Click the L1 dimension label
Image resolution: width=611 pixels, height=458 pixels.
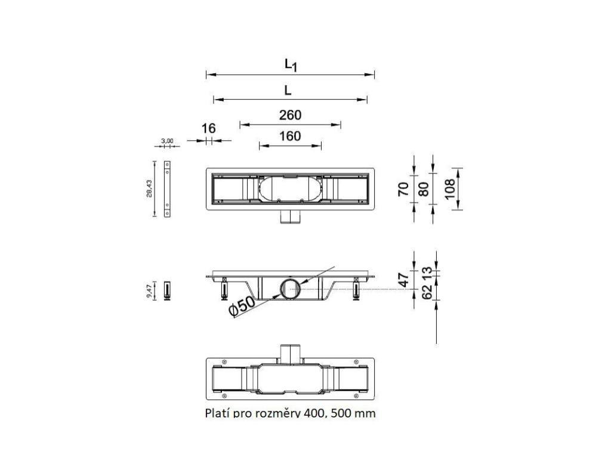tap(291, 64)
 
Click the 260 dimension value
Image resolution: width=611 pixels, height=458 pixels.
tap(290, 114)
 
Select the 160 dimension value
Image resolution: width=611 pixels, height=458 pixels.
tap(290, 136)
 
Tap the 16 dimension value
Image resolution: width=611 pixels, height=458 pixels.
tap(208, 128)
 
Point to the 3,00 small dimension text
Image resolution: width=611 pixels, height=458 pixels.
tap(167, 141)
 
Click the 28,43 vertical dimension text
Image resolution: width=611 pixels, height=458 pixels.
tap(149, 188)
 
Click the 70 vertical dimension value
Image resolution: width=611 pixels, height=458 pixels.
tap(404, 189)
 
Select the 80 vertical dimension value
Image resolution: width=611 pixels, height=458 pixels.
tap(424, 189)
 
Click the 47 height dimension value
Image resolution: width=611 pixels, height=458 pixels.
tap(404, 279)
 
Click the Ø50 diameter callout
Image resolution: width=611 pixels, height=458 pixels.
tap(241, 305)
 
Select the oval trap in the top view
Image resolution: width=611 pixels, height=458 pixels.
tap(290, 190)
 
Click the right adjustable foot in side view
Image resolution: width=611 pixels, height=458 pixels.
tap(357, 289)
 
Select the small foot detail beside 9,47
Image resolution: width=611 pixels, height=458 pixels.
tap(168, 290)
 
